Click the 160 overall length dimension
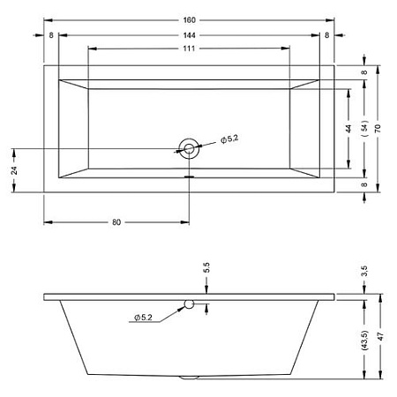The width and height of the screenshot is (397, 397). [189, 20]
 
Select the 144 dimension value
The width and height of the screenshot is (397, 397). [189, 35]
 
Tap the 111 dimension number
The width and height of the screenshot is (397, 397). [189, 49]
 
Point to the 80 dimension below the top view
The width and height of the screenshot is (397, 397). [116, 222]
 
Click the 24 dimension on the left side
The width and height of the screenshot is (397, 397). [14, 170]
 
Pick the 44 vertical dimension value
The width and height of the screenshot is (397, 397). [348, 129]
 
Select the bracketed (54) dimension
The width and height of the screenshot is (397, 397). [364, 128]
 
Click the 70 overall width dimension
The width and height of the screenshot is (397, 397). [378, 129]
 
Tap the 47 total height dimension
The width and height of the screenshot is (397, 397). [380, 336]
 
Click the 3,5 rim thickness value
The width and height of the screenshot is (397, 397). [364, 271]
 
